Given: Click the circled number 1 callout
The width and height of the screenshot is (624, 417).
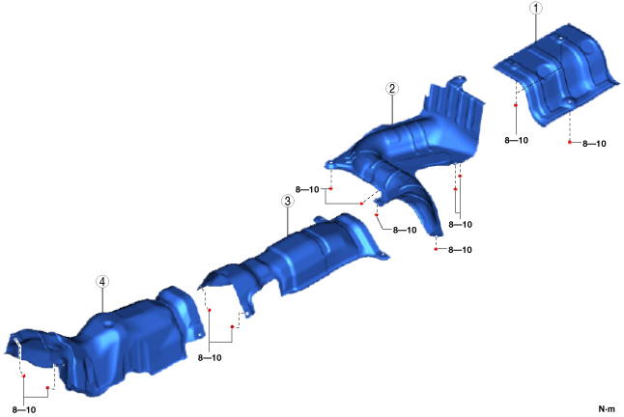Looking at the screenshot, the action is (536, 9).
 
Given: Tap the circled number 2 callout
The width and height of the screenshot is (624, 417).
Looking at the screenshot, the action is (392, 89).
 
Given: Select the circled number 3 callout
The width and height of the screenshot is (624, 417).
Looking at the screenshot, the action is (287, 201).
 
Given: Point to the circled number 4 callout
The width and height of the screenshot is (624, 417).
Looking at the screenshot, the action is (102, 282).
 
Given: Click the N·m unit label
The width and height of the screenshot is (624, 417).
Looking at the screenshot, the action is (607, 409).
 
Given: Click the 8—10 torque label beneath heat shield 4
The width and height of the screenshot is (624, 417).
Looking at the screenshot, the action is (24, 410).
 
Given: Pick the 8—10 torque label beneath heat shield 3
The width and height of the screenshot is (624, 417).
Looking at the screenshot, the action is (210, 358).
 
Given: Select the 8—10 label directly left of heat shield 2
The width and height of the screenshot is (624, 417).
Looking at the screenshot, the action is (307, 189).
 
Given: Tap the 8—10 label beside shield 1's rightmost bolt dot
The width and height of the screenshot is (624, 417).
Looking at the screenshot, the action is (594, 144).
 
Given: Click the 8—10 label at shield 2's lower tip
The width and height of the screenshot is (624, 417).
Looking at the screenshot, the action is (460, 250).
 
